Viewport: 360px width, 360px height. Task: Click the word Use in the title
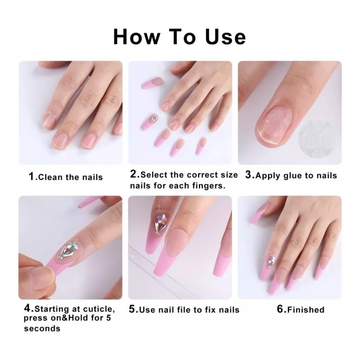[221, 36]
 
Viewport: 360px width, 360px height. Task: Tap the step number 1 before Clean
[31, 176]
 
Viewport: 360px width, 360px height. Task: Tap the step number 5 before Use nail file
[133, 309]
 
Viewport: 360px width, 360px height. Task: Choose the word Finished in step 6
[306, 309]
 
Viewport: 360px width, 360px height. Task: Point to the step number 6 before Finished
[280, 309]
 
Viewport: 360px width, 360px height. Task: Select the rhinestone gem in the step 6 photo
[272, 260]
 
